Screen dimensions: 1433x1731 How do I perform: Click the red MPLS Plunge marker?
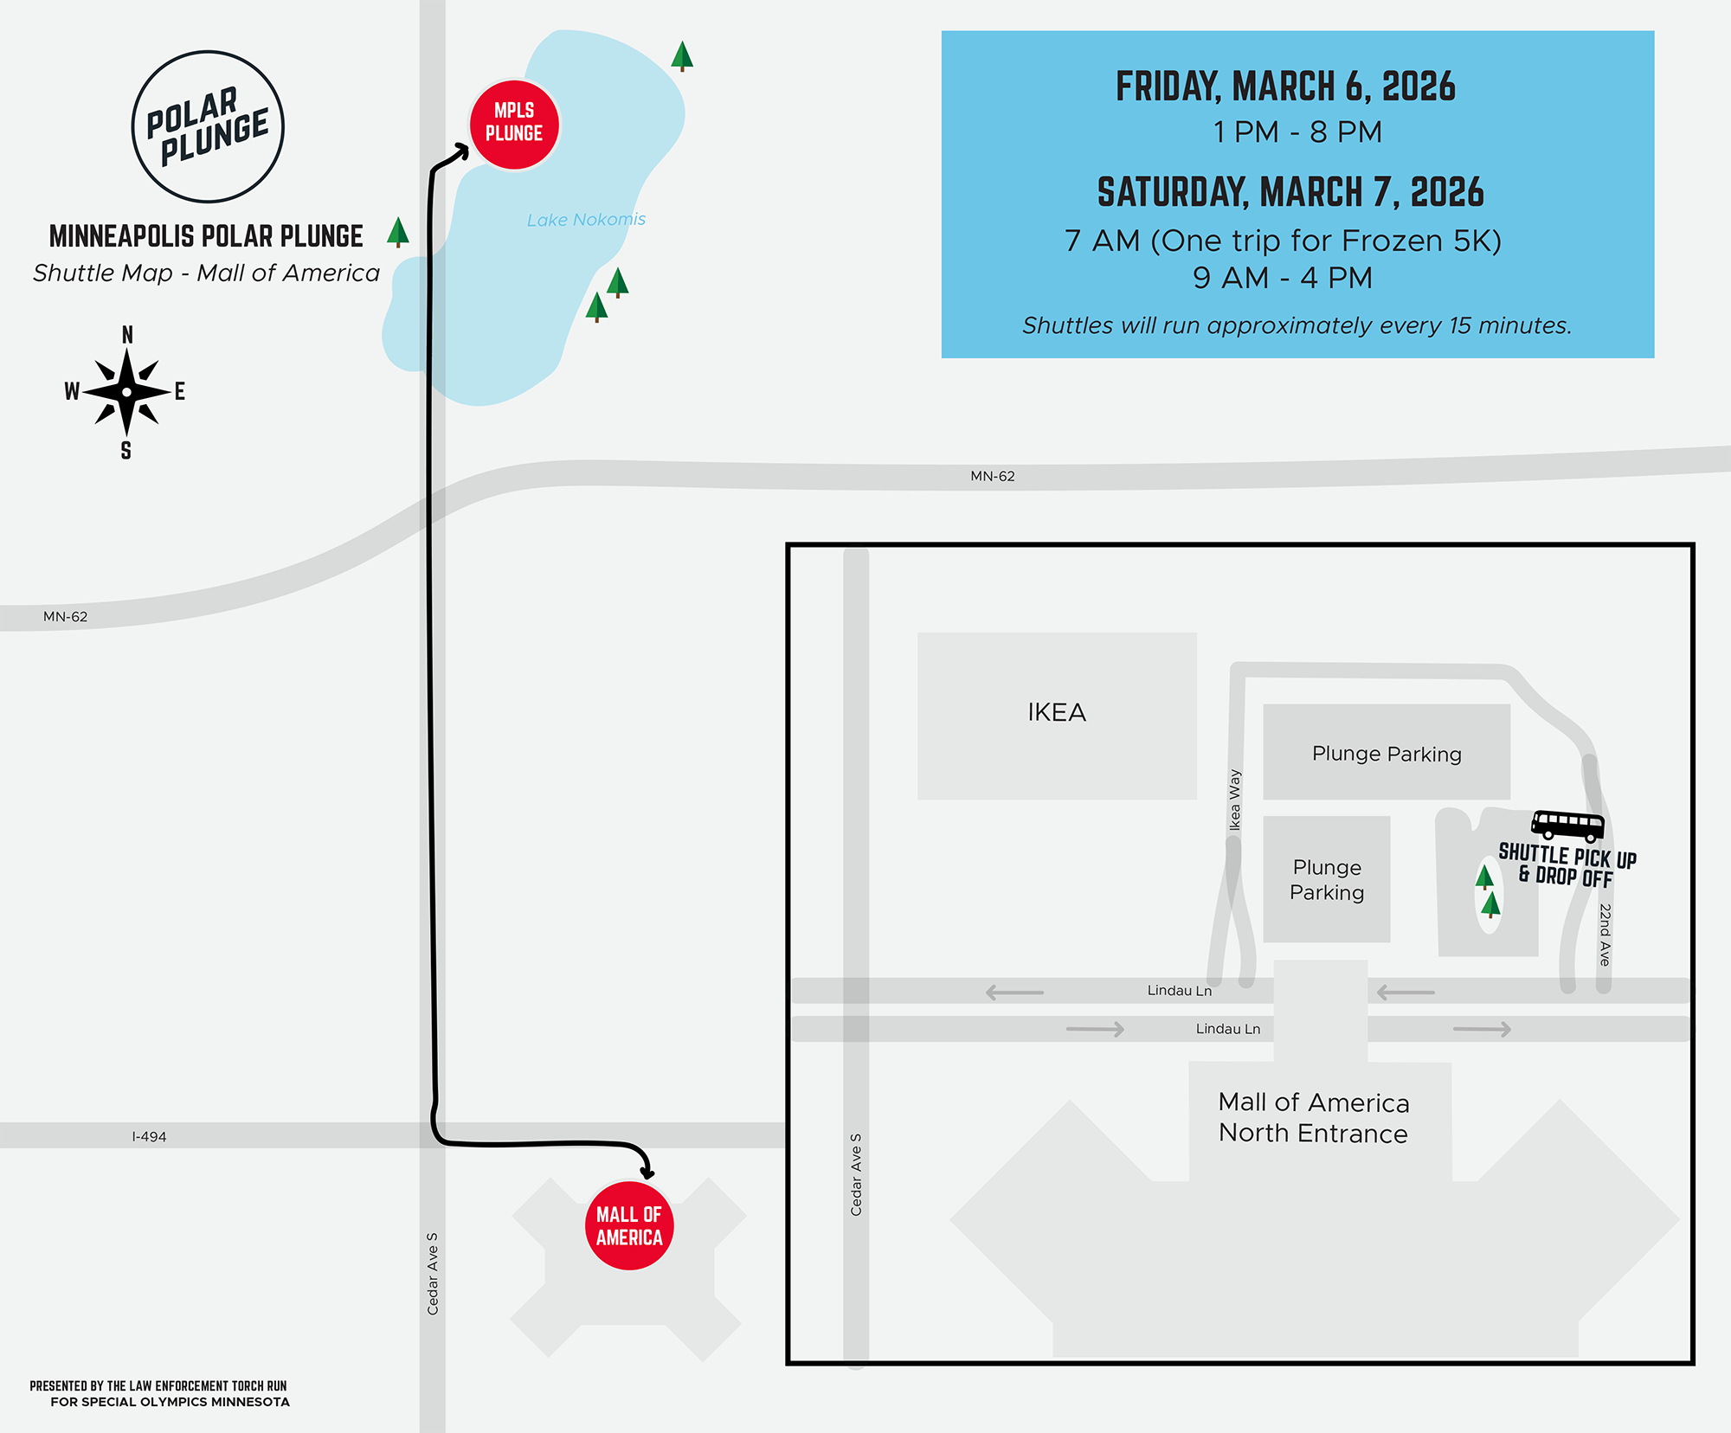point(514,125)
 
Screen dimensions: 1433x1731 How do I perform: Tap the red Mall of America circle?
point(629,1225)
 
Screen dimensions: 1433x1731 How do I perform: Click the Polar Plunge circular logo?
point(208,126)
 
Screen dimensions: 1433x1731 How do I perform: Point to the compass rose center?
point(127,392)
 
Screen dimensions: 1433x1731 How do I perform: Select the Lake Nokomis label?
point(586,220)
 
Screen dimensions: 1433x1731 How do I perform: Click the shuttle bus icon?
point(1567,826)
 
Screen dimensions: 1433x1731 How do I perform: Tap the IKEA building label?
point(1057,712)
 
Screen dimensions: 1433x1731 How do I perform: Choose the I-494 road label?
point(149,1136)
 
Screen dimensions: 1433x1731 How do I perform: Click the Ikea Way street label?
point(1235,800)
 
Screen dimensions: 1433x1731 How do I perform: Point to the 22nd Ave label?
point(1605,935)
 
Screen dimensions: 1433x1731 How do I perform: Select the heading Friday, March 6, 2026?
point(1285,87)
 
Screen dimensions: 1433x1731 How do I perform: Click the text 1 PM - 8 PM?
point(1297,132)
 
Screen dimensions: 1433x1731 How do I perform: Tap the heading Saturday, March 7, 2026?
point(1290,192)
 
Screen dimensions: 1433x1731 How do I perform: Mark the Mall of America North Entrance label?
point(1314,1117)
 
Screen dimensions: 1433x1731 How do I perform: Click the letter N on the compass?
point(127,335)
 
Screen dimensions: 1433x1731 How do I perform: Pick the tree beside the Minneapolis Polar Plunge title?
point(398,231)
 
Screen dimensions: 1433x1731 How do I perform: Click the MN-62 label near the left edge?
point(66,617)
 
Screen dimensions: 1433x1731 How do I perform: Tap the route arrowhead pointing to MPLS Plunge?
point(461,153)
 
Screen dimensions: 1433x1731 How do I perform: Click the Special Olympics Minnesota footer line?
point(170,1402)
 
